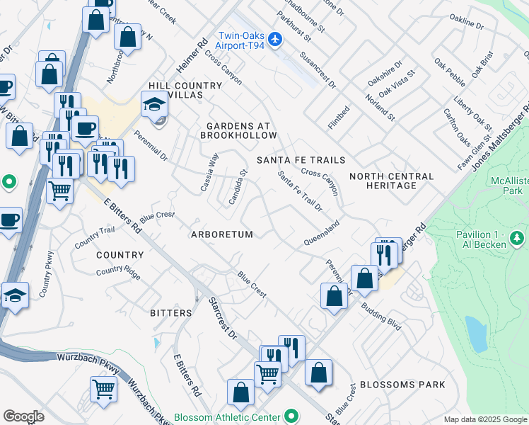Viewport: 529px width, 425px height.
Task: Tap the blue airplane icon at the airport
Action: [x=277, y=38]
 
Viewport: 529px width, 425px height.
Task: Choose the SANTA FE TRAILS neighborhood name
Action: [x=301, y=160]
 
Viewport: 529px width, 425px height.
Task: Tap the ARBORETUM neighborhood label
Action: [x=221, y=234]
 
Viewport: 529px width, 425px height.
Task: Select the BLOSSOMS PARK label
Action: [x=402, y=385]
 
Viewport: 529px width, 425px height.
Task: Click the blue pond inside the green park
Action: [x=476, y=334]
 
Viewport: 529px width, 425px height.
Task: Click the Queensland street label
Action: [x=322, y=233]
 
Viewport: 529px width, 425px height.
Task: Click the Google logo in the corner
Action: [x=23, y=416]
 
